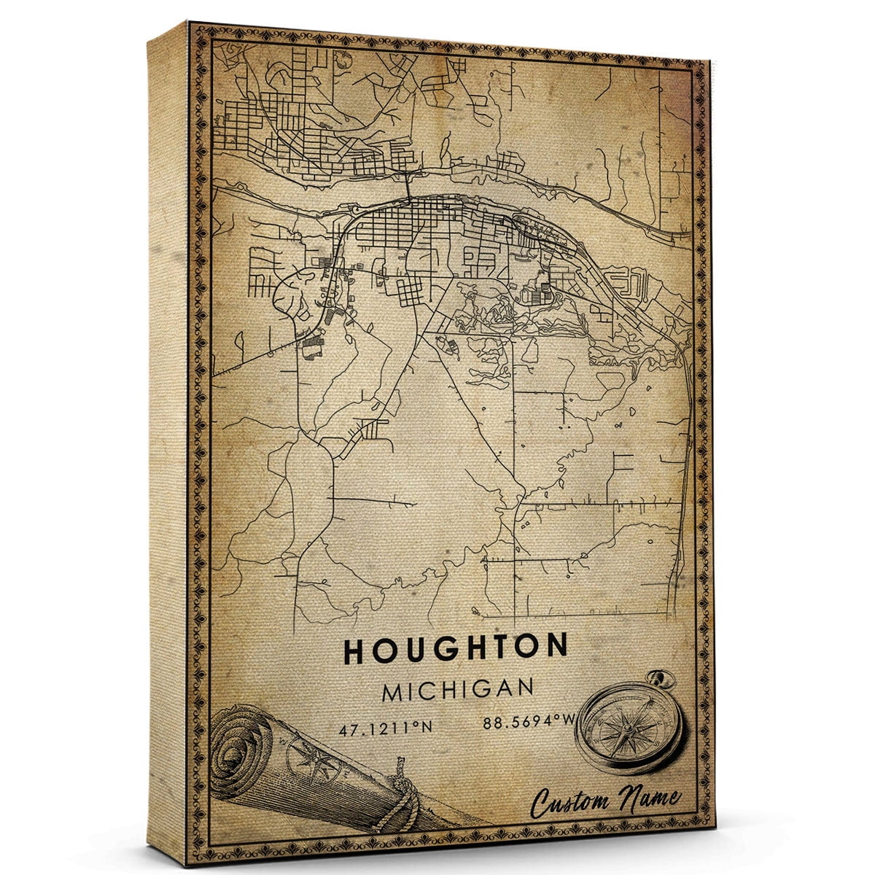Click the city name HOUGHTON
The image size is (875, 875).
tap(456, 649)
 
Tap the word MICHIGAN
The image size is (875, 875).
tap(457, 689)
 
